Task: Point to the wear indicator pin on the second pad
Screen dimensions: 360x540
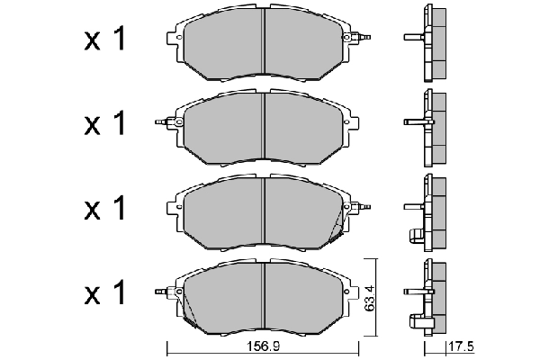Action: click(160, 120)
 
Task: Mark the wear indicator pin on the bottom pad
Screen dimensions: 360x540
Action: click(160, 291)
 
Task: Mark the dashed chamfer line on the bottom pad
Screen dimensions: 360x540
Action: click(188, 307)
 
